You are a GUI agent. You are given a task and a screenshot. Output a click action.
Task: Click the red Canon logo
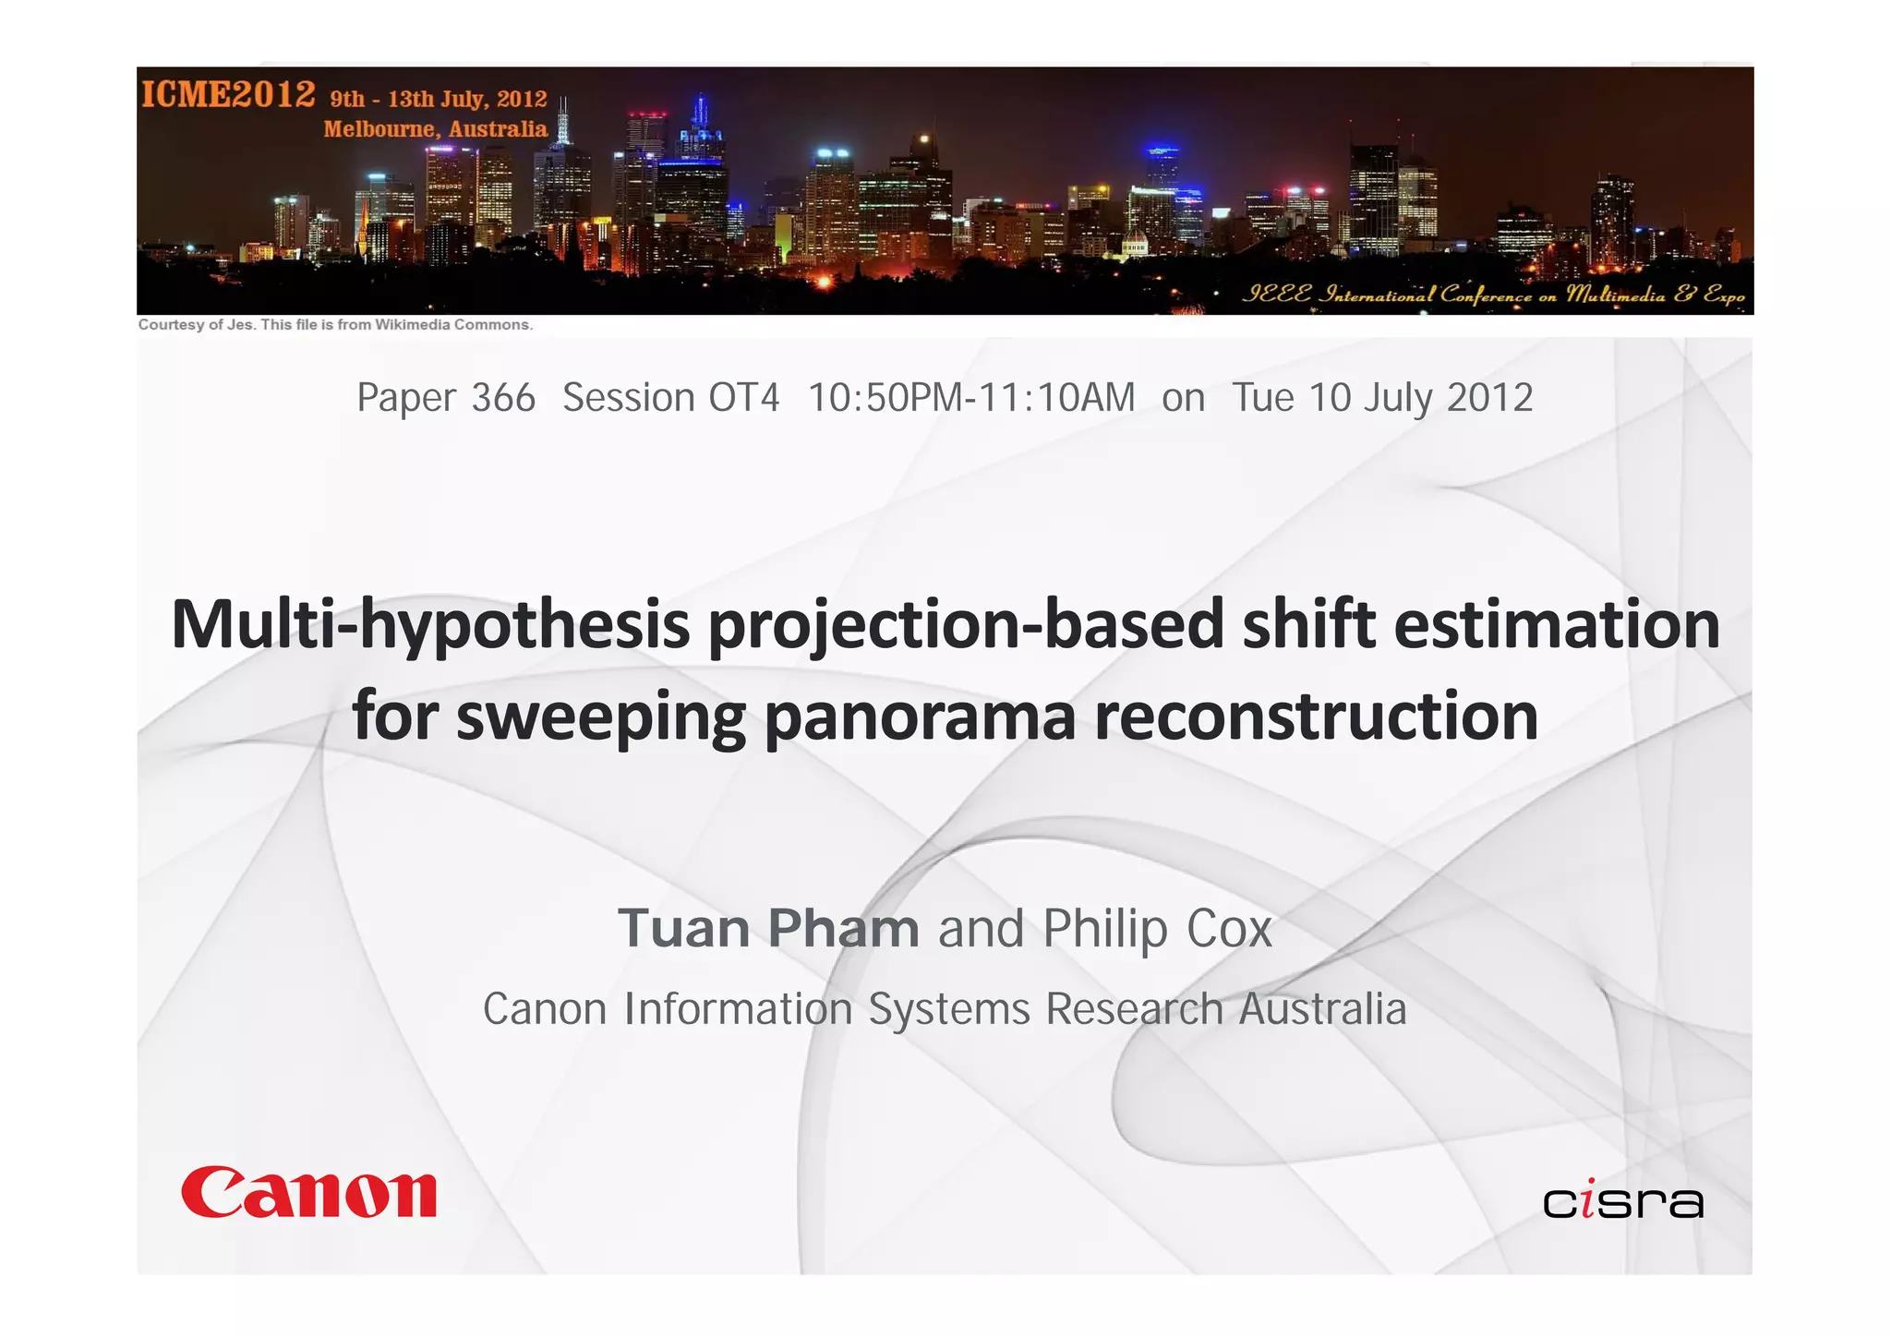coord(308,1192)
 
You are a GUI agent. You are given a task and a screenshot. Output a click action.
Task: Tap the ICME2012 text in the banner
coord(228,94)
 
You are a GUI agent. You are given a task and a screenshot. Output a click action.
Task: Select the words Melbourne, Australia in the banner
coord(435,129)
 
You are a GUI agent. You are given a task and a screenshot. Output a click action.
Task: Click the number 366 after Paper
coord(503,398)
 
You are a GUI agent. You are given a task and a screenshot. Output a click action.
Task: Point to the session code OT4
coord(744,398)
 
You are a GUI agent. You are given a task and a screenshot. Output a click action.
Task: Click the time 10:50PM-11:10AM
coord(971,398)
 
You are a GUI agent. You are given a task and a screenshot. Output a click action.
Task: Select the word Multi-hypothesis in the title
coord(430,626)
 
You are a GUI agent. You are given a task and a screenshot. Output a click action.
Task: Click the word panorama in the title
coord(920,717)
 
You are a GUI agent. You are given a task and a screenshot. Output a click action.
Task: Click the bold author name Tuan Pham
coord(768,928)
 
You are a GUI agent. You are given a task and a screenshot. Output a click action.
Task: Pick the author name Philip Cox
coord(1158,928)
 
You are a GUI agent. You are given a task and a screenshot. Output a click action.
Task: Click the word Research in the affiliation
coord(1135,1008)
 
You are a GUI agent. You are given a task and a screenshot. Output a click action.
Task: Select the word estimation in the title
coord(1557,626)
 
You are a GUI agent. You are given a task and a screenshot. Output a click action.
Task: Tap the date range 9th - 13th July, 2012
coord(439,99)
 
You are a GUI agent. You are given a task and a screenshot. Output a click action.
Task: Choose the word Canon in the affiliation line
coord(545,1008)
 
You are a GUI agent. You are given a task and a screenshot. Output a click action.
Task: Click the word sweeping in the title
coord(601,717)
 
